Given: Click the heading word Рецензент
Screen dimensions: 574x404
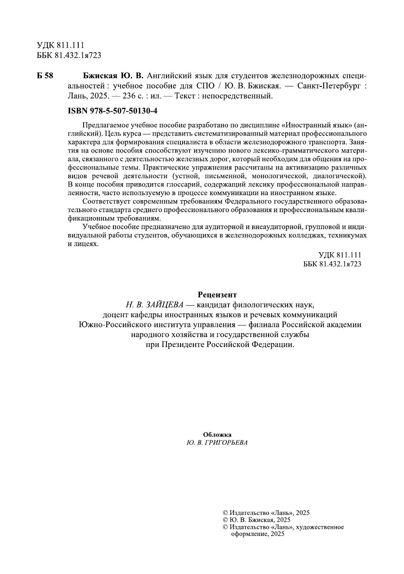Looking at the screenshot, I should (217, 295).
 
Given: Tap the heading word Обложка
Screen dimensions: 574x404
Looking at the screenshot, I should (217, 435).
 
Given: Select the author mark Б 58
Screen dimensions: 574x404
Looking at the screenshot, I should (45, 77).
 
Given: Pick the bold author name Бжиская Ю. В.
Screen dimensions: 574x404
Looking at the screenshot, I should (113, 77).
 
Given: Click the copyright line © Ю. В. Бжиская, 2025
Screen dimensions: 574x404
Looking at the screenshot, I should (256, 520).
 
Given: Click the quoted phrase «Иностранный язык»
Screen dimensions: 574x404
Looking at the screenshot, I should (317, 124).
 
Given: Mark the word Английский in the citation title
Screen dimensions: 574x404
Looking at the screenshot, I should (168, 77).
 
